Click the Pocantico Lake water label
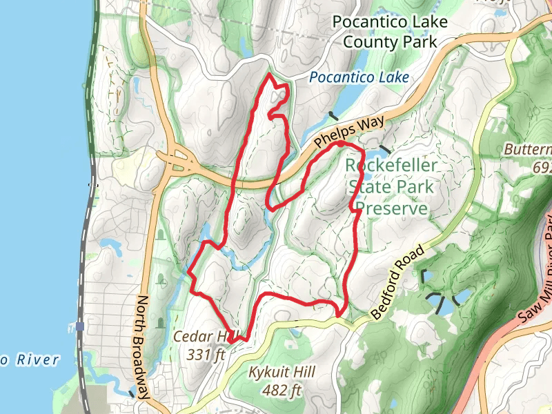359,77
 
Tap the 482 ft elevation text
282,391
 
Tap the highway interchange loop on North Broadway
178,160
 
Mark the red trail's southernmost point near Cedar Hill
233,340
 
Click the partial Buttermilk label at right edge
528,150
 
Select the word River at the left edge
37,359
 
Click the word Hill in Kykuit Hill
303,373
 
